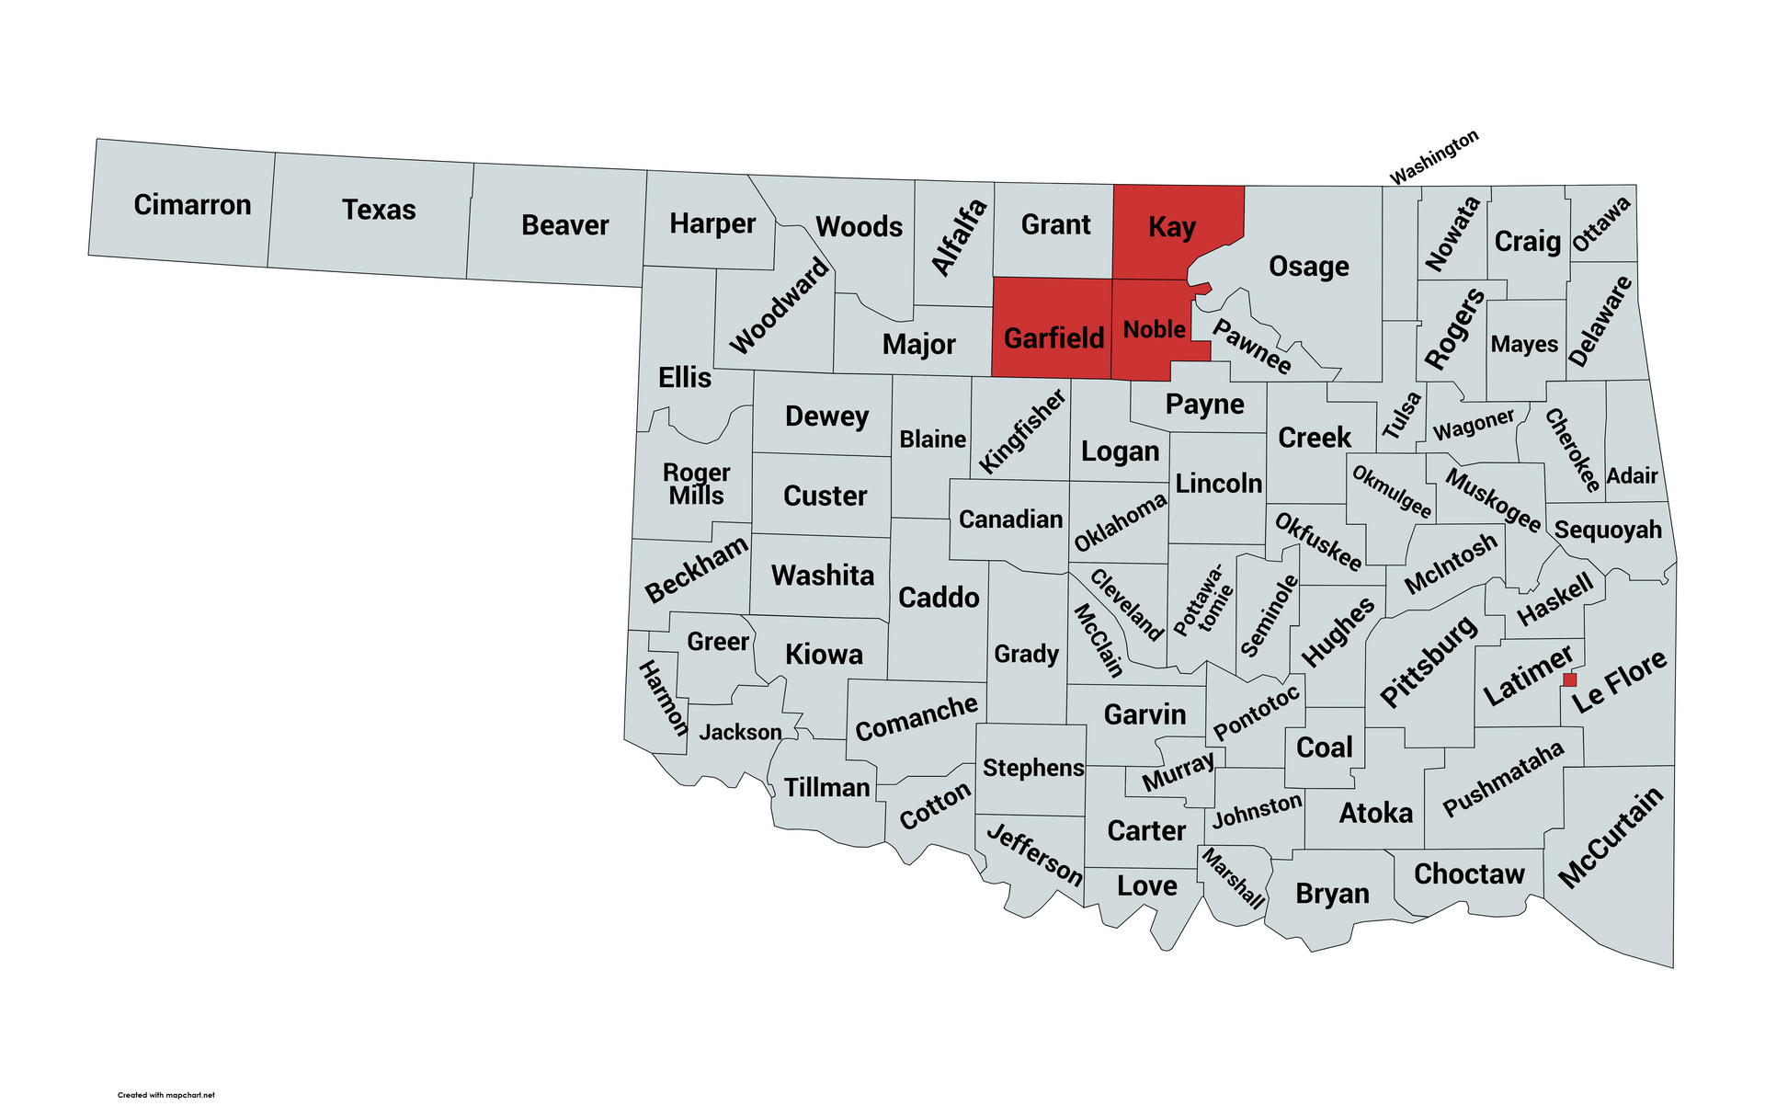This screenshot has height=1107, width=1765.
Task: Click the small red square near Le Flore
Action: click(x=1570, y=679)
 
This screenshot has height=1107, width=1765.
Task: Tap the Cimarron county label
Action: click(x=192, y=204)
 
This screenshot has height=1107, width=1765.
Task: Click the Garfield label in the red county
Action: click(x=1053, y=338)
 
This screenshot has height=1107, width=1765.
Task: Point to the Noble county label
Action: click(x=1154, y=329)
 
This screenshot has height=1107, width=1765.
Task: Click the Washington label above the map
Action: click(x=1433, y=157)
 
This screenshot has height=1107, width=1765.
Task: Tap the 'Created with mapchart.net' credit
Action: click(x=166, y=1094)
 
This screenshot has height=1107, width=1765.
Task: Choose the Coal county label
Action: click(x=1324, y=747)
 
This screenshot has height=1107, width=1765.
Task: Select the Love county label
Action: click(x=1146, y=885)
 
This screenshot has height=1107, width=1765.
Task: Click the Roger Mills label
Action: click(x=696, y=484)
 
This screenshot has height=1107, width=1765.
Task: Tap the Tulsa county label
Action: click(x=1402, y=415)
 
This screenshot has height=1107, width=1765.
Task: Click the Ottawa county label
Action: click(x=1601, y=223)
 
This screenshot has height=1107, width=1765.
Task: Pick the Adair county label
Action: click(x=1632, y=476)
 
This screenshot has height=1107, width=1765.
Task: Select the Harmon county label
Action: click(x=663, y=698)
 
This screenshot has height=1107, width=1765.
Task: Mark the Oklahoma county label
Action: click(x=1120, y=523)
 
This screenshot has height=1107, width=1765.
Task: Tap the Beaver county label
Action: click(x=564, y=225)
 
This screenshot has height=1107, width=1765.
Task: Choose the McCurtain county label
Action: click(x=1611, y=838)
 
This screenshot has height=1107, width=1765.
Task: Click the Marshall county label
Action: click(x=1233, y=878)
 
